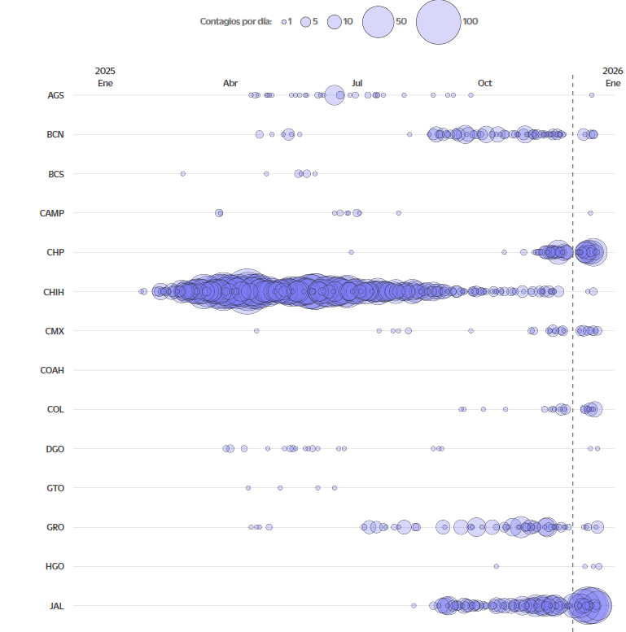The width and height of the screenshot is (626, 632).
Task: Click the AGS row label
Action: [x=55, y=95]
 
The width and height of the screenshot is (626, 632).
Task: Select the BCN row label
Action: [x=55, y=134]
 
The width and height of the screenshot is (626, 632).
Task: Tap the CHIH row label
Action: [x=54, y=291]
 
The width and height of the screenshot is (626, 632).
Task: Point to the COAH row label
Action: [x=52, y=370]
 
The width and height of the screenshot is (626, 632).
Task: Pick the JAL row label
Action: [x=56, y=606]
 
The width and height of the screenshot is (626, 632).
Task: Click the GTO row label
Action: [x=55, y=488]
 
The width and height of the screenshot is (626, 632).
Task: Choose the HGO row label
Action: [x=55, y=566]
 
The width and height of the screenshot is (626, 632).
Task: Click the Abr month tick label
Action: [x=230, y=83]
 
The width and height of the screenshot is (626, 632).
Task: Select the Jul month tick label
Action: [x=357, y=83]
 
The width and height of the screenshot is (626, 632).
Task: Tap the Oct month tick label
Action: [x=484, y=83]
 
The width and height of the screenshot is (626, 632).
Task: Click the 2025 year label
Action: [x=105, y=72]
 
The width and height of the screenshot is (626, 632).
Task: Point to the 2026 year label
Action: [x=613, y=72]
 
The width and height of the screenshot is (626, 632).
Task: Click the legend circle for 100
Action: [x=438, y=22]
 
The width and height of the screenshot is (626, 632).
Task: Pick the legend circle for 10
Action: [x=334, y=22]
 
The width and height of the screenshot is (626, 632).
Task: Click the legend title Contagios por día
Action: [x=235, y=21]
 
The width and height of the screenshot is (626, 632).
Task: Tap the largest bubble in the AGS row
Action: [x=334, y=95]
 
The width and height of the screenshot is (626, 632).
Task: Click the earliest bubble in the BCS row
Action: [x=182, y=173]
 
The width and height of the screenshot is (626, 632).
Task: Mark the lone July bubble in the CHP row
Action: [x=351, y=252]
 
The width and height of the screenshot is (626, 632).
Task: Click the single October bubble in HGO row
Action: [x=496, y=566]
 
